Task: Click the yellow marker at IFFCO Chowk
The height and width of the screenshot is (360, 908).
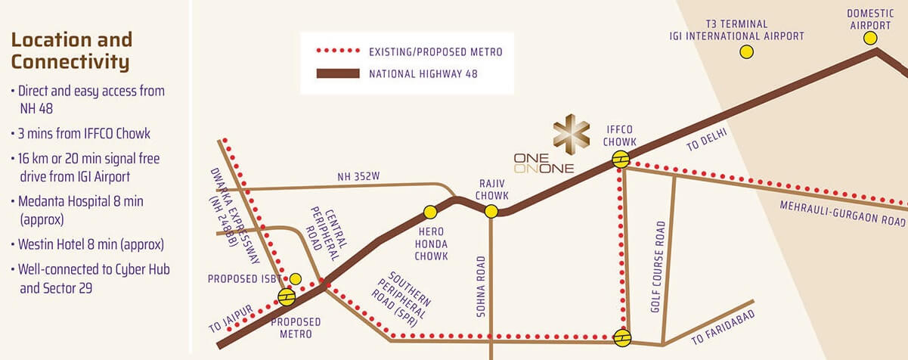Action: coord(620,159)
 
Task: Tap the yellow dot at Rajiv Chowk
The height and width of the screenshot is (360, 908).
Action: coord(491,212)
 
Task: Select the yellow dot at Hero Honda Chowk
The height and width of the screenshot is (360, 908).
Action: coord(430,212)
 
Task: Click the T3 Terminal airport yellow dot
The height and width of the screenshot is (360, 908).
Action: coord(747,51)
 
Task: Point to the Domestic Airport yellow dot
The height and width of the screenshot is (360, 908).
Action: coord(870,38)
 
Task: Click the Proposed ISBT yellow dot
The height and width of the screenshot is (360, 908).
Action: coord(296,278)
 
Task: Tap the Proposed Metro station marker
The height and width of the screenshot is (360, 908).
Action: coord(287,297)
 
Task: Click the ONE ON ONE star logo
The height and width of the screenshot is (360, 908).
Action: coord(572,132)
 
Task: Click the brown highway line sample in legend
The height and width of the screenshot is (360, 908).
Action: coord(337,73)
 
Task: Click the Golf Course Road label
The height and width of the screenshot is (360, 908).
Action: coord(659,267)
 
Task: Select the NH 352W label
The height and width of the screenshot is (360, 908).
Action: coord(358,177)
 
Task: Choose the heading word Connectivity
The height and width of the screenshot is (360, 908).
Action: coord(70,61)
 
